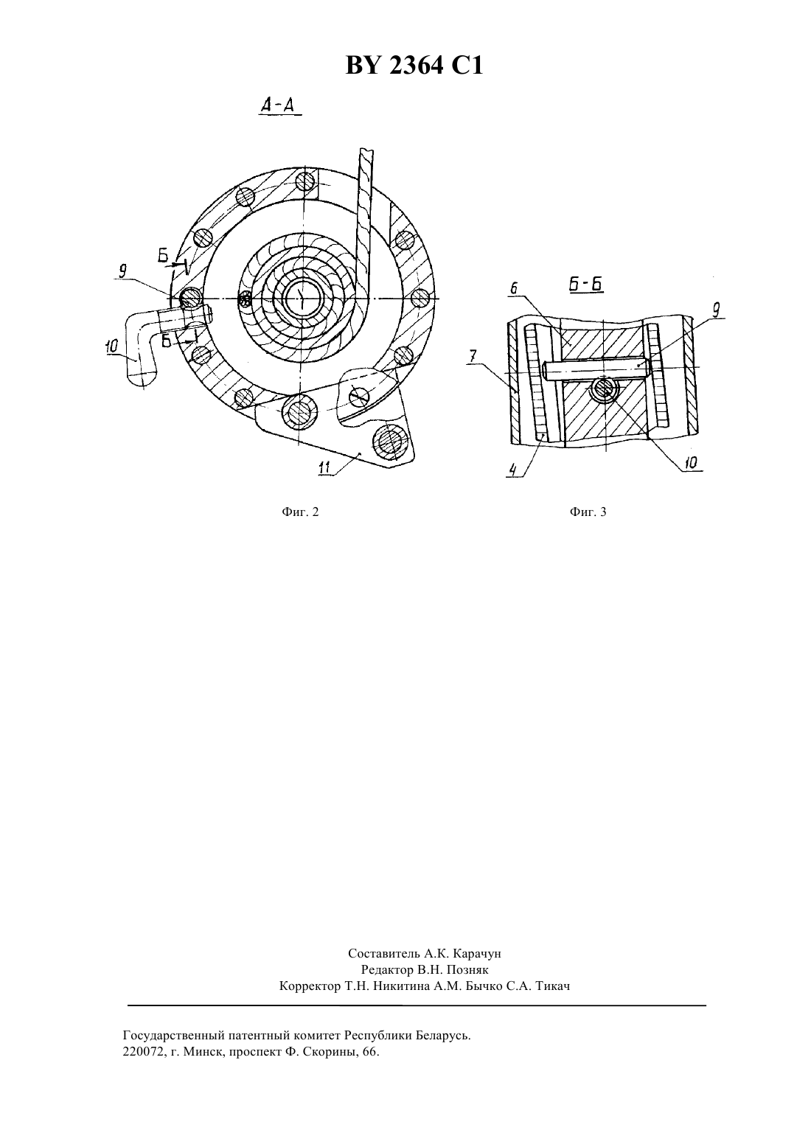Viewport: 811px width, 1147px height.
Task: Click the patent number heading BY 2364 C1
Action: pyautogui.click(x=414, y=66)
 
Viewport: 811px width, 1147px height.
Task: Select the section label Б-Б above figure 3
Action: pyautogui.click(x=586, y=285)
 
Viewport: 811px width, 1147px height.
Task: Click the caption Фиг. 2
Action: pyautogui.click(x=300, y=512)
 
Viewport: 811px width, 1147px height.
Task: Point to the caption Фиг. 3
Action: pyautogui.click(x=588, y=512)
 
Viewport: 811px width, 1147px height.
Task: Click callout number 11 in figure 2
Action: pyautogui.click(x=324, y=467)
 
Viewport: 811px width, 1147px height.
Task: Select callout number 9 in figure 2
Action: pyautogui.click(x=123, y=271)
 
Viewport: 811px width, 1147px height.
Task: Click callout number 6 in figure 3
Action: pyautogui.click(x=514, y=289)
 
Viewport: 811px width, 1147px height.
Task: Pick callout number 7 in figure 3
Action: pyautogui.click(x=473, y=356)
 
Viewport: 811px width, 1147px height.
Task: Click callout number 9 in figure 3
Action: pyautogui.click(x=717, y=310)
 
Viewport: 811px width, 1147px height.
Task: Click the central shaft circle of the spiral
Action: pyautogui.click(x=302, y=298)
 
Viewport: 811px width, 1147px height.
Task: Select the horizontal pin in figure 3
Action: pyautogui.click(x=596, y=369)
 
